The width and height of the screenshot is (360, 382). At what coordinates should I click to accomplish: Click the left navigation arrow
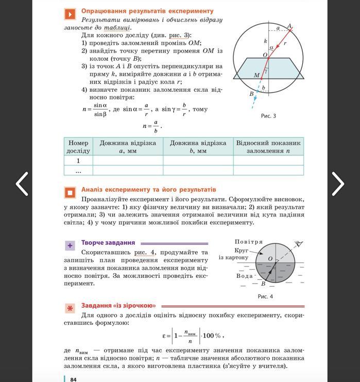click(22, 183)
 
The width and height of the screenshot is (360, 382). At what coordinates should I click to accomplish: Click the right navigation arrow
click(338, 183)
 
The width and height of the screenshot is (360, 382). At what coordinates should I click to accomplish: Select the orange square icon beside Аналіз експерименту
click(70, 193)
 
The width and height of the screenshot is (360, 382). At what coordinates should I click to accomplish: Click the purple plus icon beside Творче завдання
click(70, 245)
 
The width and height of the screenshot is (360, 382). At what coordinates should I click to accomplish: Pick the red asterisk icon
click(70, 308)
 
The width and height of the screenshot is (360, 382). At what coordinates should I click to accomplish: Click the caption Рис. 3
click(268, 116)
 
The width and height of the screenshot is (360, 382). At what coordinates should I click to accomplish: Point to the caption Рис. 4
click(265, 296)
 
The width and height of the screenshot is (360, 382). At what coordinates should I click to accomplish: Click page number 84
click(73, 379)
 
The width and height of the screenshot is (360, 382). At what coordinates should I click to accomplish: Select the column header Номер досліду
click(78, 146)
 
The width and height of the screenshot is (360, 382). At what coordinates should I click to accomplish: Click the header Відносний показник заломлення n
click(268, 146)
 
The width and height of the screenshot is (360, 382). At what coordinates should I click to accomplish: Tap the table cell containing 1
click(78, 161)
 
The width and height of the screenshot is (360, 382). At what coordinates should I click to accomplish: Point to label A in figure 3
click(289, 26)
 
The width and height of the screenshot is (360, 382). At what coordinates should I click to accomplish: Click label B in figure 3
click(252, 94)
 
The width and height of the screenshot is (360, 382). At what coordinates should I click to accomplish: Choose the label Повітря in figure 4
click(249, 242)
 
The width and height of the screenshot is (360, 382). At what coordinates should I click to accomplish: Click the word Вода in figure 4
click(245, 276)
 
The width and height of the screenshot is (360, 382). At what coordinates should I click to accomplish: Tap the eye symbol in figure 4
click(298, 244)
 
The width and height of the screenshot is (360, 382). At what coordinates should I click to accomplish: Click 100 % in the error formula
click(212, 336)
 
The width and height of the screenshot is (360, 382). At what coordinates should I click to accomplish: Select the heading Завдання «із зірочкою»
click(118, 306)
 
